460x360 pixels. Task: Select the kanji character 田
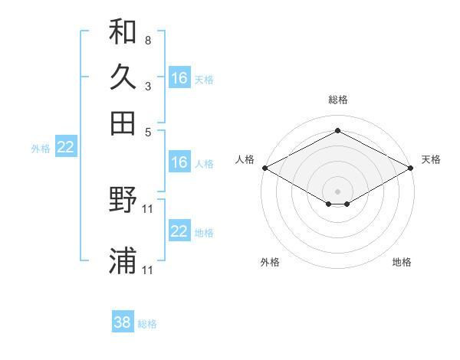click(x=123, y=122)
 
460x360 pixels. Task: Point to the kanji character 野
click(x=123, y=201)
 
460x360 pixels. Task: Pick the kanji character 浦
click(x=123, y=261)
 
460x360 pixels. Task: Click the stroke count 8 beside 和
click(x=148, y=39)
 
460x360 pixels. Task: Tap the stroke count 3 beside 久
click(x=148, y=85)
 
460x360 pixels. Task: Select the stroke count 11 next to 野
click(x=149, y=208)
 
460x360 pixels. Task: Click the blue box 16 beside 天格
click(x=179, y=77)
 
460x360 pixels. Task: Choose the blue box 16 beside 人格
click(x=179, y=162)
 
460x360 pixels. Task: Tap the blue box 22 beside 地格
click(x=179, y=231)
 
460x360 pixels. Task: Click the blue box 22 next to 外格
click(x=65, y=148)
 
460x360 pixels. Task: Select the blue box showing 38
click(x=123, y=322)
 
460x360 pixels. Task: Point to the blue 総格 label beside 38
click(x=147, y=324)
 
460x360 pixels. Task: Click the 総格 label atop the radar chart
click(x=337, y=100)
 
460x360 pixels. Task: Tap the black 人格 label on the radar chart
click(x=245, y=159)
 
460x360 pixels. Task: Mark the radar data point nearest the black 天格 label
click(x=412, y=168)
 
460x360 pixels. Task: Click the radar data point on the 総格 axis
click(x=337, y=131)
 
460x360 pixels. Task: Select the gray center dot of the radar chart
click(x=337, y=191)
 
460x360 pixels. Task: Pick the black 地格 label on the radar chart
click(x=402, y=262)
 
